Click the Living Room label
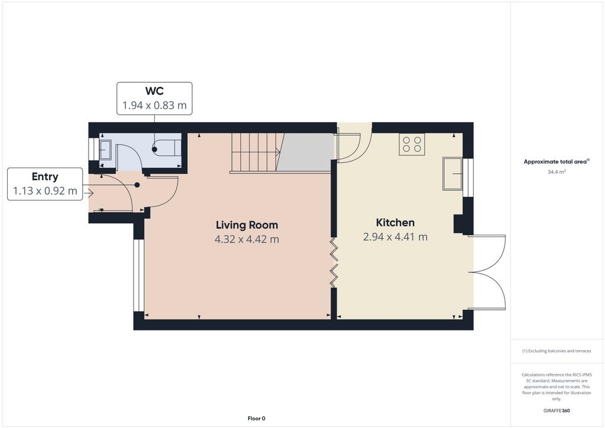247,225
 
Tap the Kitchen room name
395,223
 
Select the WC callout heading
154,91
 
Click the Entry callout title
45,177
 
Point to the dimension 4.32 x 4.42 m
247,239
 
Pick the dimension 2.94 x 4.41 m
395,237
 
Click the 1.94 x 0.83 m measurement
154,105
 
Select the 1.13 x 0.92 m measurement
45,191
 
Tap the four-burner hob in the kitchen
412,144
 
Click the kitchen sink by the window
453,174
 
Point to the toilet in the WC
167,148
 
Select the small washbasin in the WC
105,150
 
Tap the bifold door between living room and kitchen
333,262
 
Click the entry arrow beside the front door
89,193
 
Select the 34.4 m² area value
557,172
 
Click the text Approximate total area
555,162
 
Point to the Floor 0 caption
256,419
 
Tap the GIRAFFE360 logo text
557,411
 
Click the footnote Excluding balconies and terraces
557,351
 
